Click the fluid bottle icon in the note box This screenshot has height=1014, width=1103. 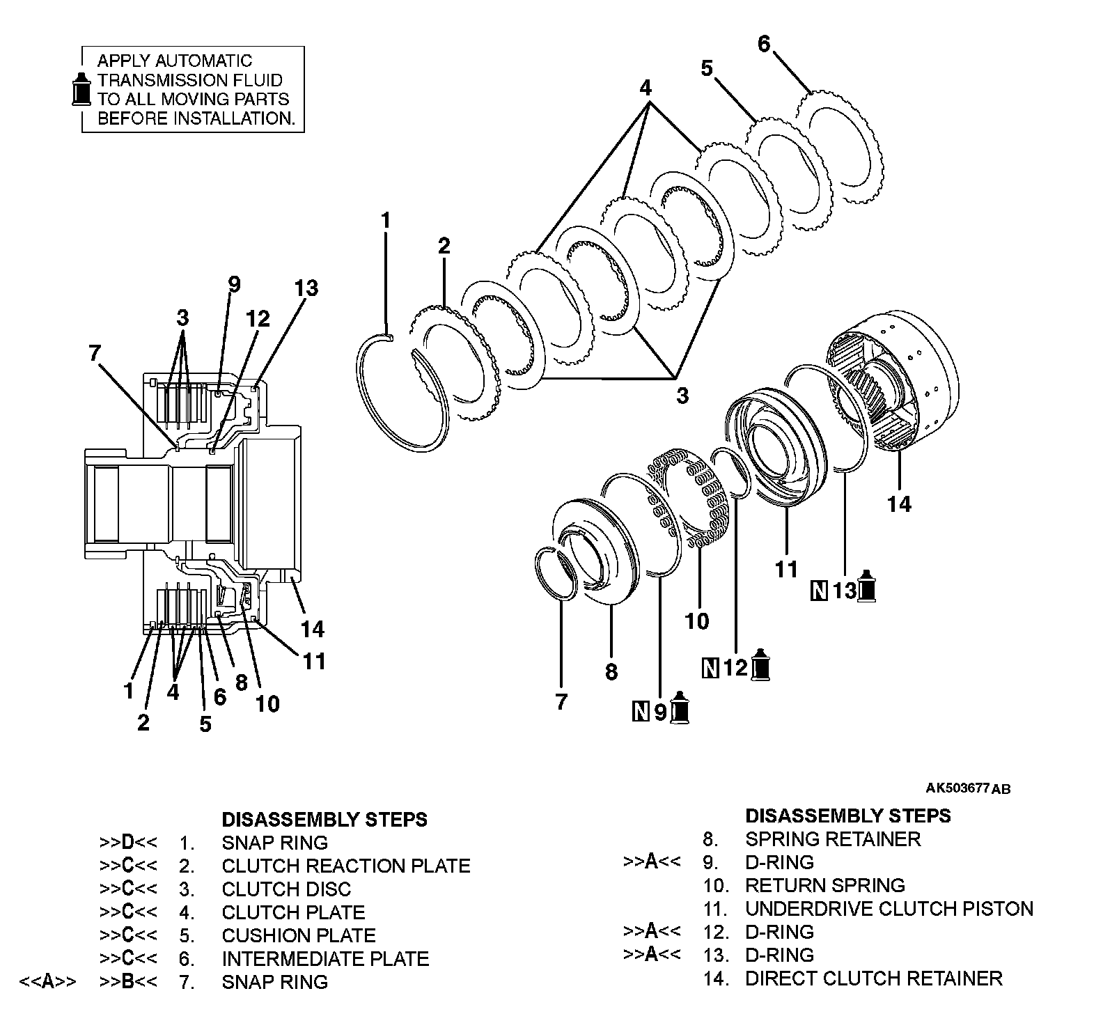[x=82, y=89]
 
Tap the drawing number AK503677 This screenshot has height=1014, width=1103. [x=957, y=788]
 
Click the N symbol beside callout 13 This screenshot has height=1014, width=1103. [x=820, y=591]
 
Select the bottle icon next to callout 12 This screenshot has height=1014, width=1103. [x=762, y=666]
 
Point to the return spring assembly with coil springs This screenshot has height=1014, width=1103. [x=689, y=498]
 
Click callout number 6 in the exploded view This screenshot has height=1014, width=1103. [x=764, y=44]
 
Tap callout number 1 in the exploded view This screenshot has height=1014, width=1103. [x=386, y=221]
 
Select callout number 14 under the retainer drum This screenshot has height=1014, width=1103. [x=899, y=504]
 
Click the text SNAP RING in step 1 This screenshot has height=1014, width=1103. [x=274, y=843]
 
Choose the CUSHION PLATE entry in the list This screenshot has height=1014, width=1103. [x=299, y=935]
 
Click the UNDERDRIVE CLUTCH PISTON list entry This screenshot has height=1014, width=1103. [x=889, y=909]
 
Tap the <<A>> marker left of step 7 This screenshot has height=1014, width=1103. [x=47, y=982]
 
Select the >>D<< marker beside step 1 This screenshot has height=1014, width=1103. [x=128, y=843]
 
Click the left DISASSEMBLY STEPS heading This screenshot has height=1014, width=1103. [x=324, y=819]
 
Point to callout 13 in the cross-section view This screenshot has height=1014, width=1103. [x=306, y=288]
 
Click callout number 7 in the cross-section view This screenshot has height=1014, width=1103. [x=95, y=353]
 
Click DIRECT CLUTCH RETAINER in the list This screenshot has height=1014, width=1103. [x=874, y=978]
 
